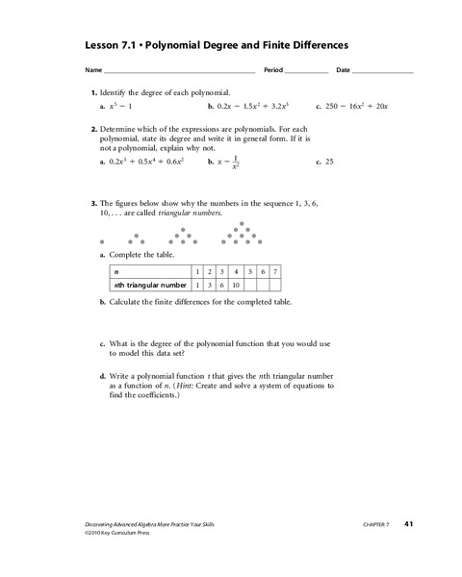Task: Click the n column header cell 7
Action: [x=275, y=272]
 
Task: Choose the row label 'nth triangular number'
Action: [x=149, y=285]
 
